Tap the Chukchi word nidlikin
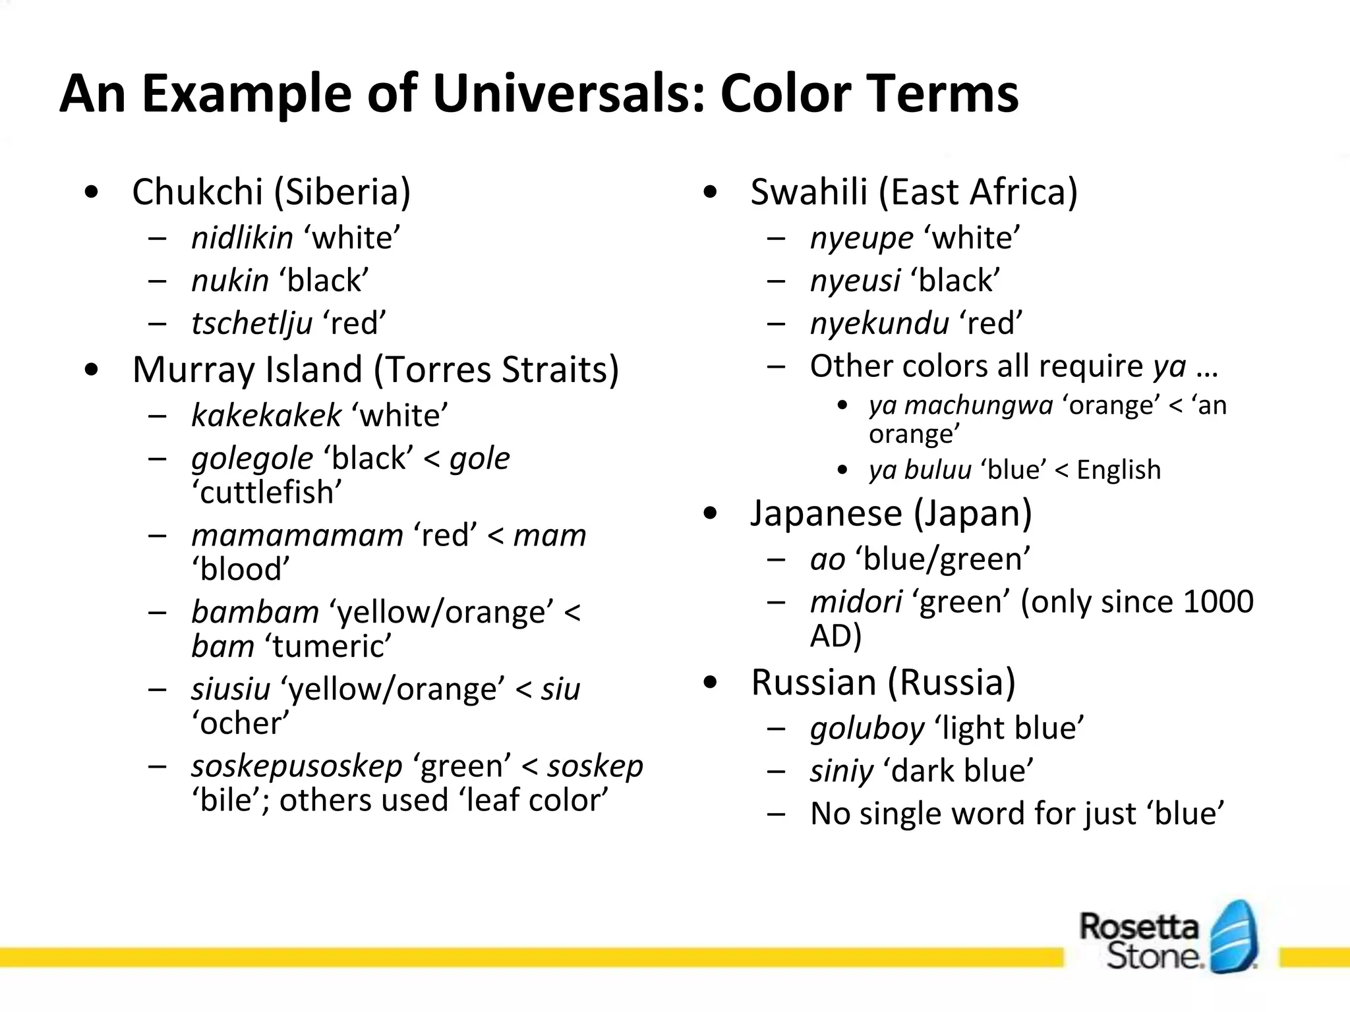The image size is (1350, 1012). pyautogui.click(x=242, y=238)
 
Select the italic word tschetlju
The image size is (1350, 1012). pyautogui.click(x=252, y=323)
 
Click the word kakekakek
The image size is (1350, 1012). pyautogui.click(x=266, y=416)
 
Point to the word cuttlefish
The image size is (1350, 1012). pyautogui.click(x=267, y=492)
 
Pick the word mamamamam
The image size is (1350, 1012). pyautogui.click(x=297, y=535)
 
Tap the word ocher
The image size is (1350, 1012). pyautogui.click(x=241, y=723)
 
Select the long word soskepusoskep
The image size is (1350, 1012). pyautogui.click(x=297, y=766)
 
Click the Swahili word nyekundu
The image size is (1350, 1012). pyautogui.click(x=879, y=323)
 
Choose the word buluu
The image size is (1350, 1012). pyautogui.click(x=937, y=470)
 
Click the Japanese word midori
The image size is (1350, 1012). pyautogui.click(x=856, y=602)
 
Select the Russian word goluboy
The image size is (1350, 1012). pyautogui.click(x=867, y=729)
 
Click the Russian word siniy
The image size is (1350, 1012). pyautogui.click(x=842, y=772)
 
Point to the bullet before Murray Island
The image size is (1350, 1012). pyautogui.click(x=92, y=370)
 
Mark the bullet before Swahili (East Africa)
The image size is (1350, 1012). pyautogui.click(x=710, y=192)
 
